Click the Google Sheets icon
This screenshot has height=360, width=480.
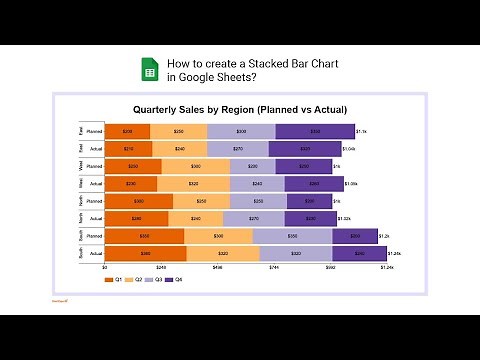[148, 70]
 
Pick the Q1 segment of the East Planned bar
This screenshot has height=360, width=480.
[127, 131]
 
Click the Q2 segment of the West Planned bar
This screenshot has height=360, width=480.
[195, 166]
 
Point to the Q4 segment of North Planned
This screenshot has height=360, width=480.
[308, 201]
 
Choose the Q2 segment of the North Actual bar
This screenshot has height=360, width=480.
[196, 219]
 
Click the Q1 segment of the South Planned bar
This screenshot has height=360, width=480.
[144, 236]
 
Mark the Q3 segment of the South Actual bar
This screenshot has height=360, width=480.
[295, 254]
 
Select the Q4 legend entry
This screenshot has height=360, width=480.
[175, 280]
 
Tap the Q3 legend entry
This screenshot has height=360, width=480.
[155, 280]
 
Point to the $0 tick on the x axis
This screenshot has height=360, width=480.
[105, 268]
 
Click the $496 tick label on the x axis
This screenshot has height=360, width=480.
[217, 268]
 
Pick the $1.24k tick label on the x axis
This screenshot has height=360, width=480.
[387, 268]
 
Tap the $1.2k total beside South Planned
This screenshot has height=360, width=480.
[384, 236]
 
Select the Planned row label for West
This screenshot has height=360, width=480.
[94, 166]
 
